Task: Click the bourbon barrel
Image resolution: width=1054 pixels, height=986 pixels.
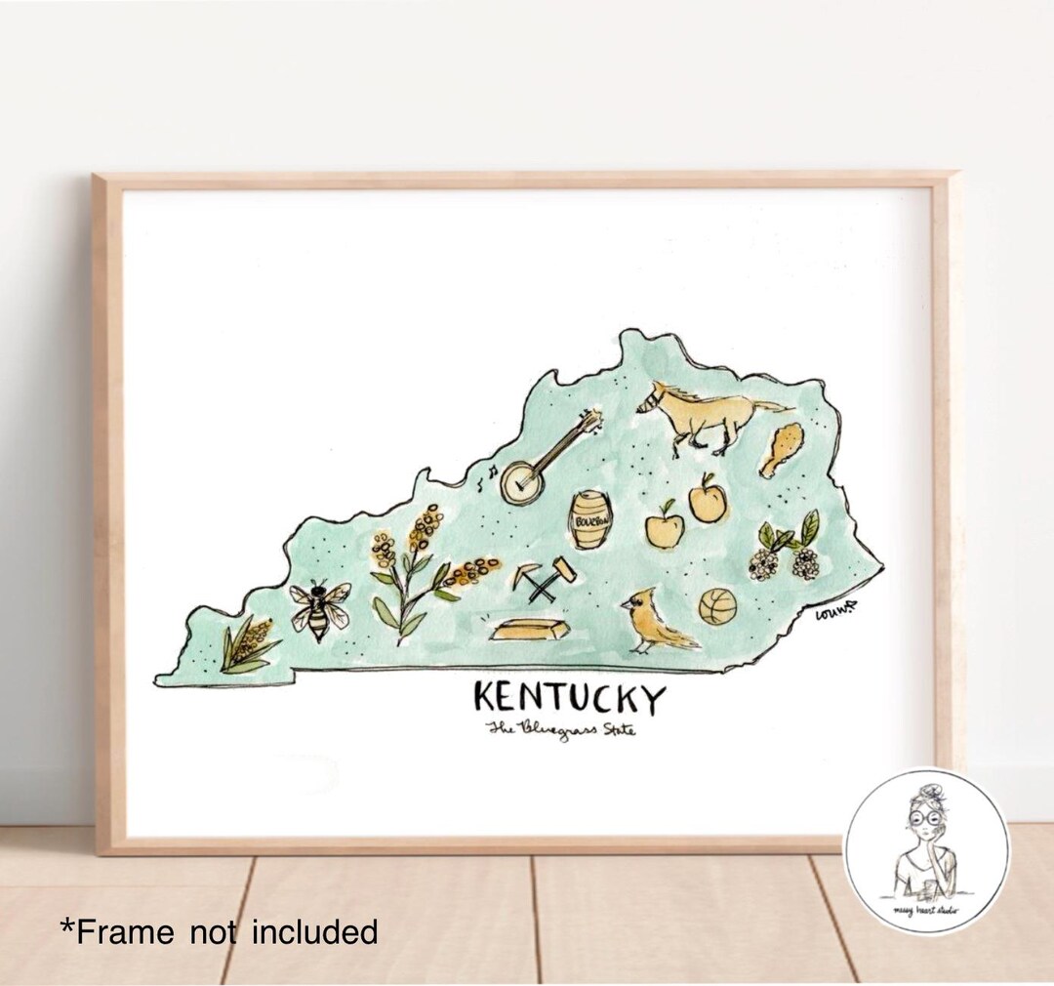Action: pos(591,519)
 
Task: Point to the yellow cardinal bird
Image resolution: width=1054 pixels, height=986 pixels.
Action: pos(655,622)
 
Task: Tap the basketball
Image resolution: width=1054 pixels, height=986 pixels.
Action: pos(717,606)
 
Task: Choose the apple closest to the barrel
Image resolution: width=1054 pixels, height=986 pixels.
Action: pos(665,527)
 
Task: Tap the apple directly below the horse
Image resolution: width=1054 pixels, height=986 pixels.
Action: pos(708,500)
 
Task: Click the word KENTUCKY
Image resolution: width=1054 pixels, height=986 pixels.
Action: pos(570,699)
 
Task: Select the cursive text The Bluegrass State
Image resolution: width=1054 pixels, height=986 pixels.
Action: pos(562,729)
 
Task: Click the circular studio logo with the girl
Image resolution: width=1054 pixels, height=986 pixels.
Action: pos(925,851)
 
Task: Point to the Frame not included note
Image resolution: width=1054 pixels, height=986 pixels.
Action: pos(220,932)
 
